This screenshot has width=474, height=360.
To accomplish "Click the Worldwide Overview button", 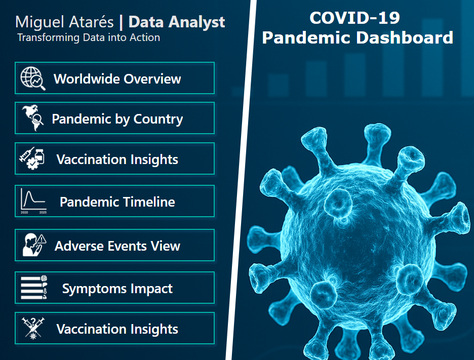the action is tap(114, 78).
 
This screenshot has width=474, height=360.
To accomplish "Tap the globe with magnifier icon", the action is tap(32, 78).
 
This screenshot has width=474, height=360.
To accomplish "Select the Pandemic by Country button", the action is tap(114, 118).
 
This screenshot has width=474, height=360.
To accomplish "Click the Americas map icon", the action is tap(32, 118).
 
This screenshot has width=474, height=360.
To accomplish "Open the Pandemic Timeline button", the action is tap(114, 201).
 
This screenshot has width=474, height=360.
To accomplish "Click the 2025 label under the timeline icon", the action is tap(43, 213).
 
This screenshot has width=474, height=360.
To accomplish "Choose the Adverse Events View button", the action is tap(114, 245).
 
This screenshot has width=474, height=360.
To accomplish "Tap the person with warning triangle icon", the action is tap(34, 245).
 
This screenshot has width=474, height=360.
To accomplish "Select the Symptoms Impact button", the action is tap(114, 288).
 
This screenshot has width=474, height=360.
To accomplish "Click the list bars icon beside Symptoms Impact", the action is tap(34, 288).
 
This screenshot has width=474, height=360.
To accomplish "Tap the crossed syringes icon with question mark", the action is tap(33, 328).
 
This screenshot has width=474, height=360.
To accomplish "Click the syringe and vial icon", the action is tap(32, 158).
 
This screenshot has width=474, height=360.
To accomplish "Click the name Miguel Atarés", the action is tap(64, 22).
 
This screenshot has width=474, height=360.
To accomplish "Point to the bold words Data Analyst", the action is tap(177, 22).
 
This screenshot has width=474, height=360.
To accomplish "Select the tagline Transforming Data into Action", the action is tap(89, 37).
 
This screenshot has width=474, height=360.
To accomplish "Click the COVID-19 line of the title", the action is tap(354, 18).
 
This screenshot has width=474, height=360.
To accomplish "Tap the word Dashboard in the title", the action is tap(405, 37).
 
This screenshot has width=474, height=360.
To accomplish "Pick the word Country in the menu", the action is tap(158, 119).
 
